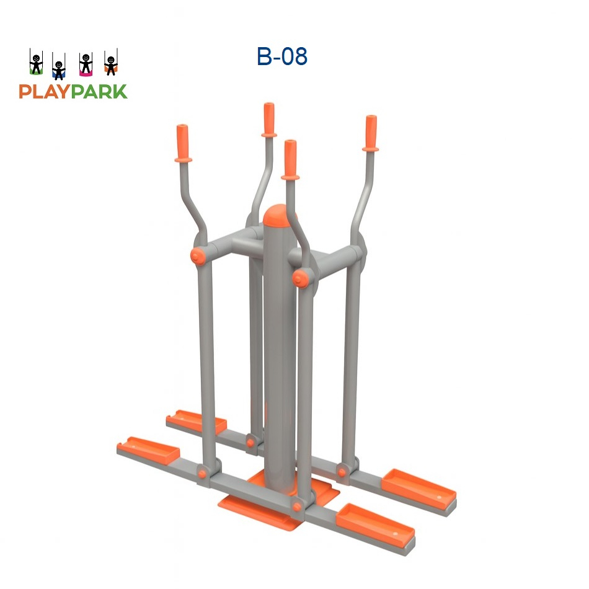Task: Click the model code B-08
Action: click(x=282, y=56)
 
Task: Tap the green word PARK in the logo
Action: click(x=99, y=92)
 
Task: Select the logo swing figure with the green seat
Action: click(x=37, y=64)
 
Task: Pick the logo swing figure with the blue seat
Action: click(x=59, y=68)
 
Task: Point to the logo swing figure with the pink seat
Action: click(x=85, y=64)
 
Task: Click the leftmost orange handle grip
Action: click(x=182, y=142)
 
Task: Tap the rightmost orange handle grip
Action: click(x=370, y=132)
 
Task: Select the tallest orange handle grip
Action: click(x=269, y=118)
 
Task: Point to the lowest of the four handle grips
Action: click(x=290, y=158)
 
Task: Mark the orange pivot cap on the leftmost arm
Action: click(x=198, y=256)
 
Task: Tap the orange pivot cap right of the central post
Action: click(x=301, y=276)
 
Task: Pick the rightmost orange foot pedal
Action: click(x=420, y=485)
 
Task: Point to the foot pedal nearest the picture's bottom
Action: click(x=374, y=523)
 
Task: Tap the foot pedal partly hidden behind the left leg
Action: click(x=195, y=421)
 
